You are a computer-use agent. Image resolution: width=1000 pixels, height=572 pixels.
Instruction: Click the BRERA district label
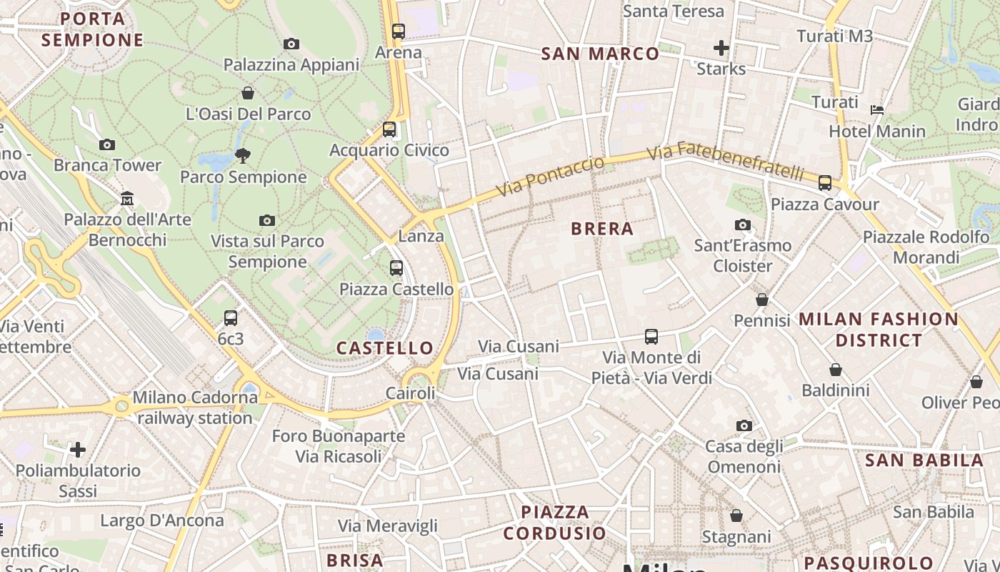[602, 229]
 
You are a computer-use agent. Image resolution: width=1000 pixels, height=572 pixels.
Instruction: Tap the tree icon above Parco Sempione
[243, 156]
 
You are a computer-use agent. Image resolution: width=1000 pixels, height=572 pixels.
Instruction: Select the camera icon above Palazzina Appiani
[291, 44]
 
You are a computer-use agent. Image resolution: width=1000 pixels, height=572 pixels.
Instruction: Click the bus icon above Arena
[399, 31]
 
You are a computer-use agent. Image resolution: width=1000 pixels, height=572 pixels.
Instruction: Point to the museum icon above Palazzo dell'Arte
[127, 198]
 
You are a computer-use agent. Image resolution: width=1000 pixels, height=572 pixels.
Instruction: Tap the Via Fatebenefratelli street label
[725, 162]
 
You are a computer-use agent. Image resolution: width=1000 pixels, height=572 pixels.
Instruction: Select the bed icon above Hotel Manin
[877, 110]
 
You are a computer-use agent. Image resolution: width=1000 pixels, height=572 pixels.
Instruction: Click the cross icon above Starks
[721, 48]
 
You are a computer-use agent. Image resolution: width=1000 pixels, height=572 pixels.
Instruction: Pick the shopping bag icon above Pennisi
[762, 300]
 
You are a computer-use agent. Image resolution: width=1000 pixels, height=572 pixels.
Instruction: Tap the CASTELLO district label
[385, 348]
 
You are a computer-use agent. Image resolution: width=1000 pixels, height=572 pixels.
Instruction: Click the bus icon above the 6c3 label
[231, 318]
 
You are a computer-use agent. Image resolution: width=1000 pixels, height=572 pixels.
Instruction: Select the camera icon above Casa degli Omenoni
[744, 426]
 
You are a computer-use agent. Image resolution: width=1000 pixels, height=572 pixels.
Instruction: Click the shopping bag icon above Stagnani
[736, 516]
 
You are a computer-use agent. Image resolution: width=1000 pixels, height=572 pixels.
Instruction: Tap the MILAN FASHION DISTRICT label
[878, 330]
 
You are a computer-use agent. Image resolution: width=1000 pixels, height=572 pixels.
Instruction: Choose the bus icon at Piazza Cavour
[825, 183]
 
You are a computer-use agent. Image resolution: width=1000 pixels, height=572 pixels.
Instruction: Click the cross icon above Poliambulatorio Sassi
[78, 450]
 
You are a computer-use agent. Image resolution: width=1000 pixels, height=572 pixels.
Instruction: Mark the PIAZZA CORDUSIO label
[555, 523]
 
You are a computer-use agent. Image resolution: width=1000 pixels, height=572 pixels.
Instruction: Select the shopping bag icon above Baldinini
[836, 370]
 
